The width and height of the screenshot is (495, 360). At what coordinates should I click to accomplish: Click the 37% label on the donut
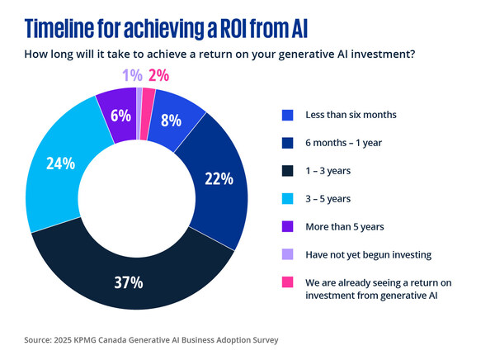(x=129, y=282)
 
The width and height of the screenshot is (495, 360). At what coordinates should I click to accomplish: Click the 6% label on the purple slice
(x=120, y=116)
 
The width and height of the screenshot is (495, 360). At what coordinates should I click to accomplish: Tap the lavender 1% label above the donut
(x=131, y=75)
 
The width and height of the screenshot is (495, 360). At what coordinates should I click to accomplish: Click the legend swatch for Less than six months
(x=288, y=114)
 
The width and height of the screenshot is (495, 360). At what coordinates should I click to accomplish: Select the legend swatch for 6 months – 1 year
(x=288, y=142)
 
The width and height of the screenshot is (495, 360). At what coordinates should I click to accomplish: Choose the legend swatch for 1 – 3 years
(x=288, y=170)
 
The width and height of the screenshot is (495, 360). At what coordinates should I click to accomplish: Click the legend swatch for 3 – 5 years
(x=288, y=198)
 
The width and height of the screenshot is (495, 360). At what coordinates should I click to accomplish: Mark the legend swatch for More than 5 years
(x=288, y=226)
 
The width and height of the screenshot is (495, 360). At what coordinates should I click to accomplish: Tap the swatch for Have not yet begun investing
(x=288, y=254)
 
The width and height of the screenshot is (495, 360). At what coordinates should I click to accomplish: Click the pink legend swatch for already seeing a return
(x=288, y=282)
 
